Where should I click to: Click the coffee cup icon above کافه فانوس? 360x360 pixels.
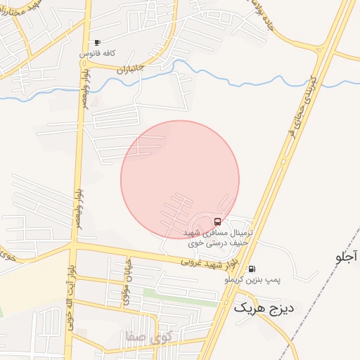click(97, 43)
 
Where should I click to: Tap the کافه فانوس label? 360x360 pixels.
click(97, 53)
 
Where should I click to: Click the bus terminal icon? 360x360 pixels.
click(217, 221)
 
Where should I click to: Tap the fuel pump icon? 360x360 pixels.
click(252, 269)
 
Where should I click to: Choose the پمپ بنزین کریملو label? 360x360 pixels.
click(252, 280)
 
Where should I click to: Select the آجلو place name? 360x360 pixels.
click(347, 257)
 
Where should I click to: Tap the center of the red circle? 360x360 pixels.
click(180, 179)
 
